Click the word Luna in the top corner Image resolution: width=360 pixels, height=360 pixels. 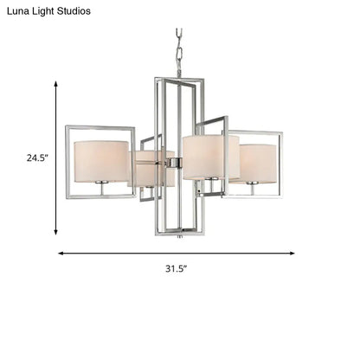pyautogui.click(x=18, y=11)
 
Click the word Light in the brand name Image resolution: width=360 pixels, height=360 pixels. pyautogui.click(x=50, y=11)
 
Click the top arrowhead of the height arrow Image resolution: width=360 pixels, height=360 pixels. pyautogui.click(x=57, y=84)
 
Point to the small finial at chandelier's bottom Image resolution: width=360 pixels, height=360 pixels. pyautogui.click(x=180, y=235)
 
